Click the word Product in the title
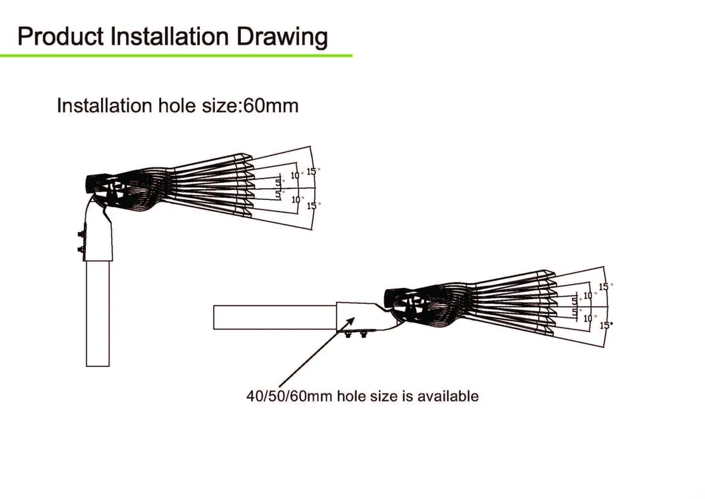(61, 37)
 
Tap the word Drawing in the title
(282, 37)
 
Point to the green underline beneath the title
(176, 56)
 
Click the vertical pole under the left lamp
(98, 313)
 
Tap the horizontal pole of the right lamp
(275, 317)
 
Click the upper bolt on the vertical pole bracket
(81, 235)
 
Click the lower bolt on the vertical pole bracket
(81, 249)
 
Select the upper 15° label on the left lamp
(312, 171)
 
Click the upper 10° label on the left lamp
(296, 175)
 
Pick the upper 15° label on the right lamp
(605, 286)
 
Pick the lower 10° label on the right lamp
(589, 318)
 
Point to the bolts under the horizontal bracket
(356, 334)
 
